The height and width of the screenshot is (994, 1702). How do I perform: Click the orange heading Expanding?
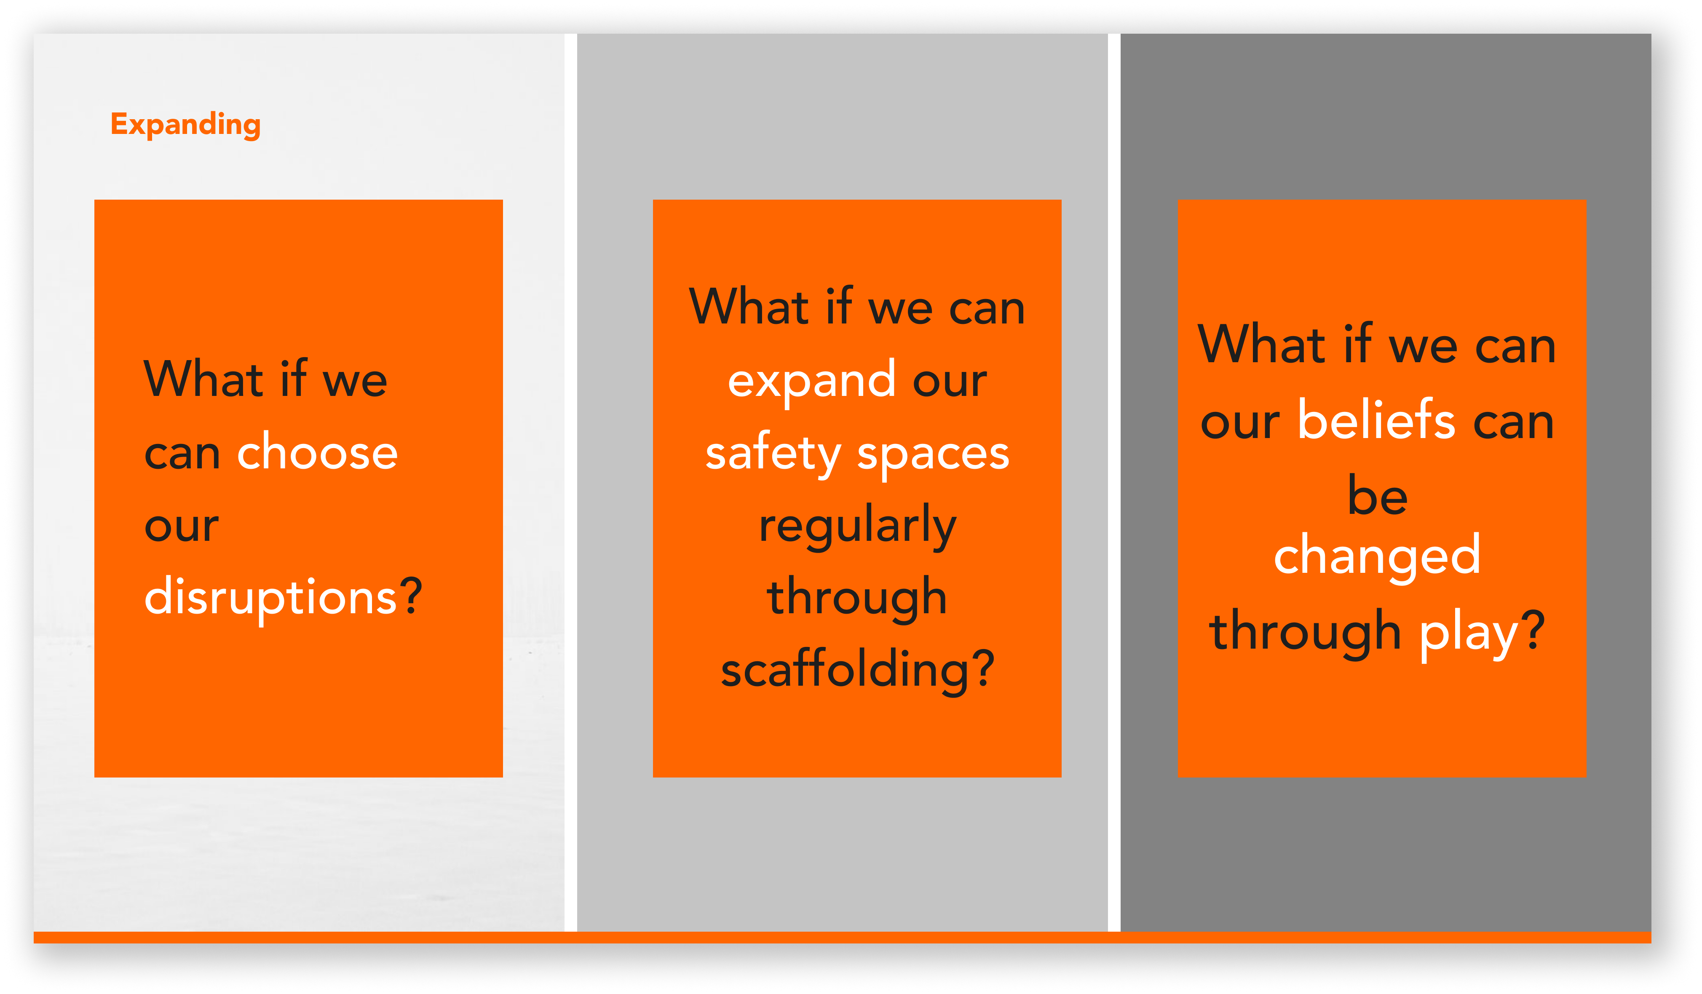point(186,125)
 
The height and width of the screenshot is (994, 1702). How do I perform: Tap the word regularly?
point(858,527)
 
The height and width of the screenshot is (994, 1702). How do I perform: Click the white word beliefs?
point(1376,420)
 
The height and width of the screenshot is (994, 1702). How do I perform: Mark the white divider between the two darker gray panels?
point(1114,482)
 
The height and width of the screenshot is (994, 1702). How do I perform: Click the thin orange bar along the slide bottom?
point(842,937)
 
